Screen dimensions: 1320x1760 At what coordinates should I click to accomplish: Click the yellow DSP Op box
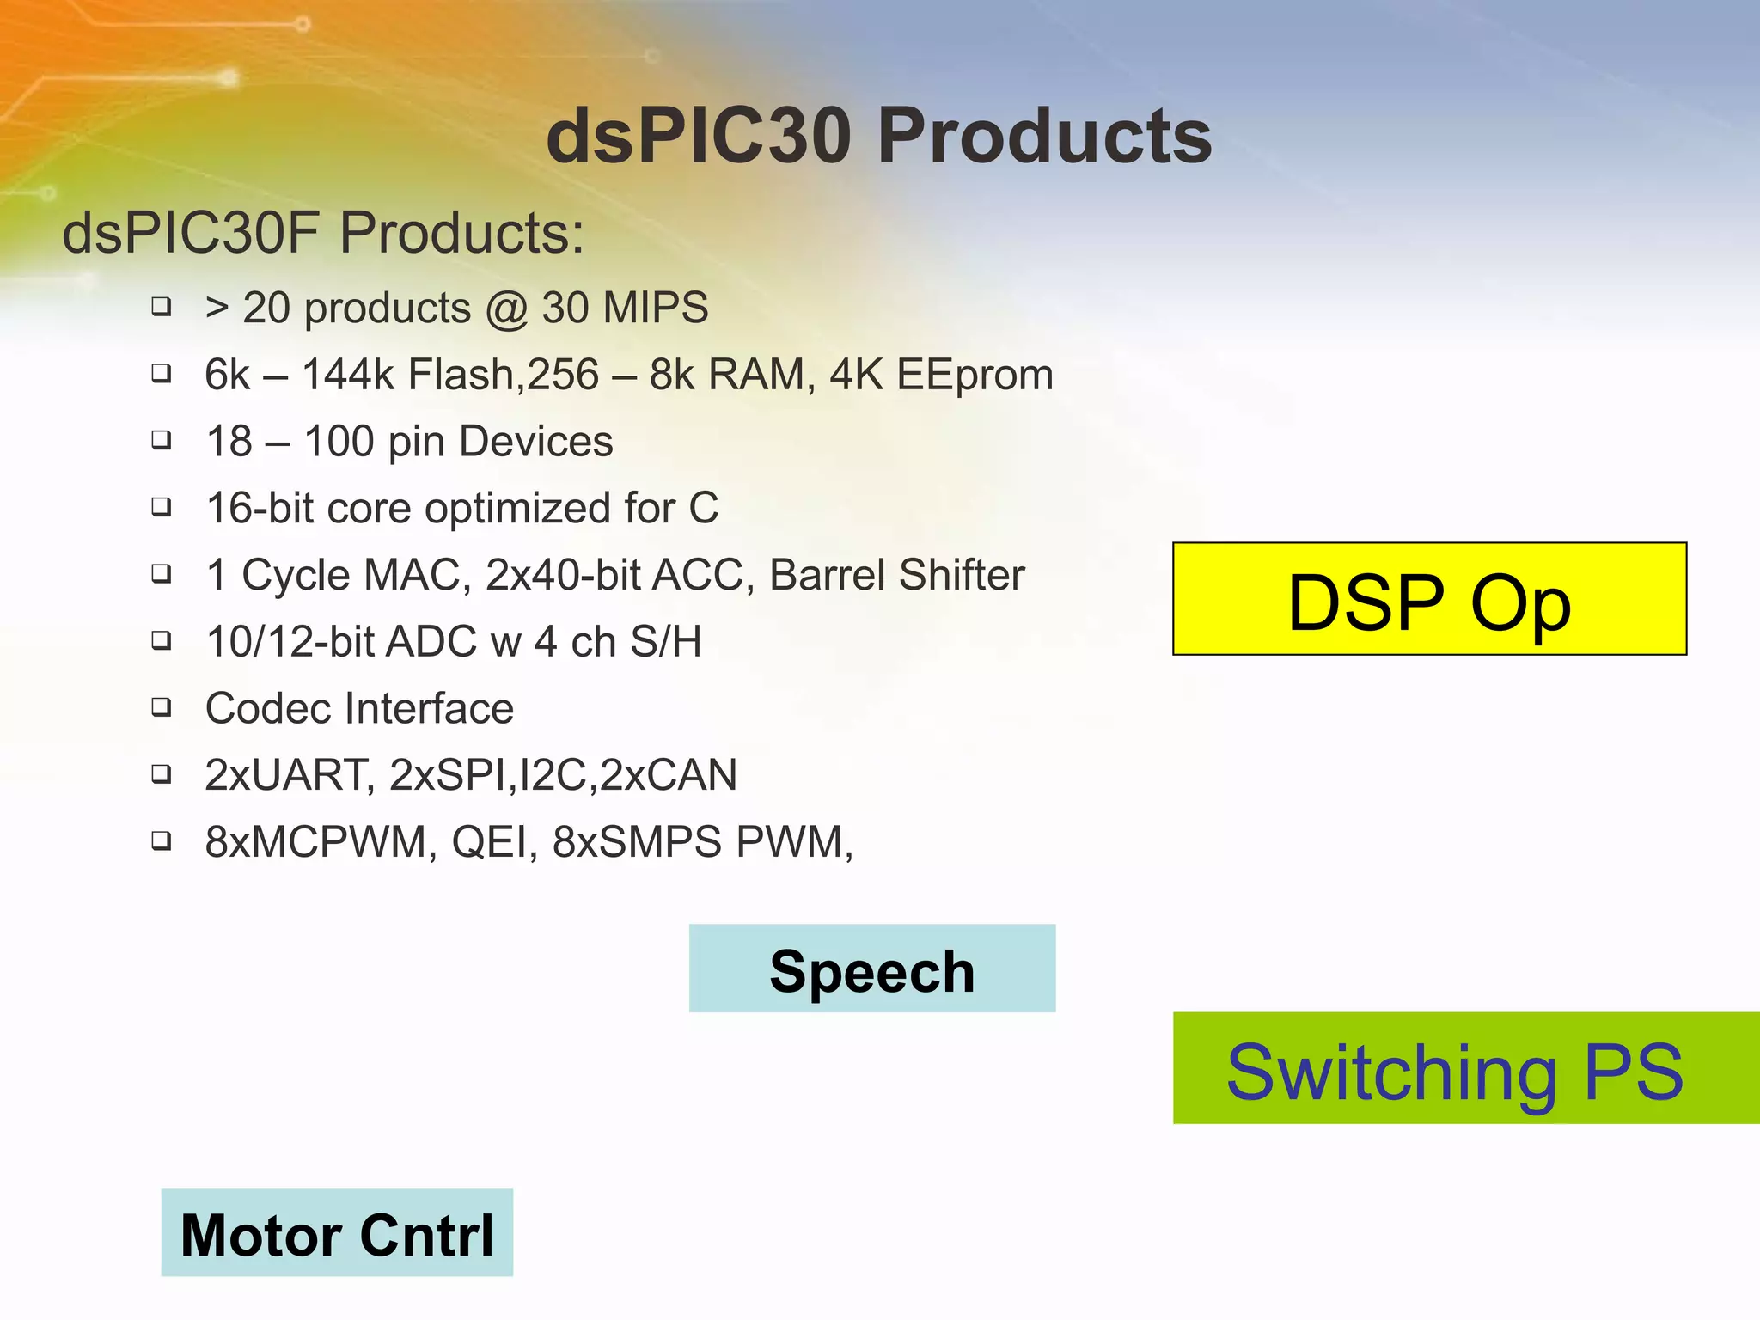click(1429, 599)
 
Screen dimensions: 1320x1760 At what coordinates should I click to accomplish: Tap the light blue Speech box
click(871, 969)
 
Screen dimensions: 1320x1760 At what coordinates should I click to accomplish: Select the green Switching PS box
click(1465, 1068)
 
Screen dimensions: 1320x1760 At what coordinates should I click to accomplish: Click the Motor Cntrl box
click(337, 1232)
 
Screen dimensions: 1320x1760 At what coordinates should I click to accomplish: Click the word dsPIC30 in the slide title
click(698, 136)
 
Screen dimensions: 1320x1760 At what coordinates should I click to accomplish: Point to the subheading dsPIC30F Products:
click(323, 233)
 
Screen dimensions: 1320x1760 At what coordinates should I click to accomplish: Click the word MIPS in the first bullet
click(656, 308)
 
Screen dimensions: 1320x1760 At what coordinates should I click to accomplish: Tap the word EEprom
click(975, 375)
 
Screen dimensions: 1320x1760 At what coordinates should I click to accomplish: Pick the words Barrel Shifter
click(896, 575)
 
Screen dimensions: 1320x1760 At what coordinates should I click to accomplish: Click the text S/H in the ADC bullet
click(666, 642)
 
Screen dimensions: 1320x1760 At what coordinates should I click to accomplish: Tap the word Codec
click(268, 709)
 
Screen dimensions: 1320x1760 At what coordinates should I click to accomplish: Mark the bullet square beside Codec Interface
click(161, 706)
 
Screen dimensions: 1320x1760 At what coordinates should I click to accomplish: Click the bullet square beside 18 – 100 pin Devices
click(161, 439)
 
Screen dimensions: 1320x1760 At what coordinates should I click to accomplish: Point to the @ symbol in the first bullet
click(506, 309)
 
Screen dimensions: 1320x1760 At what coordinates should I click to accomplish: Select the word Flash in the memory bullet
click(460, 375)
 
